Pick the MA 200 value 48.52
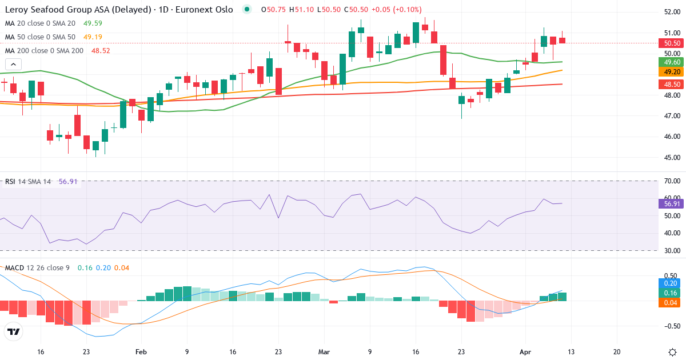click(x=101, y=51)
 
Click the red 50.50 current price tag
click(x=669, y=43)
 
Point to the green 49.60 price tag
click(x=669, y=62)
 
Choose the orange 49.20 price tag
click(x=669, y=72)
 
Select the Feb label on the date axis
click(x=142, y=336)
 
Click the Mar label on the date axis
click(x=324, y=336)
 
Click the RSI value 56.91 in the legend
click(x=68, y=182)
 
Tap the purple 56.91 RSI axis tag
click(x=669, y=204)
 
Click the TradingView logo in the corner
click(x=13, y=331)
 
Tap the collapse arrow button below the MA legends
click(x=13, y=64)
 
